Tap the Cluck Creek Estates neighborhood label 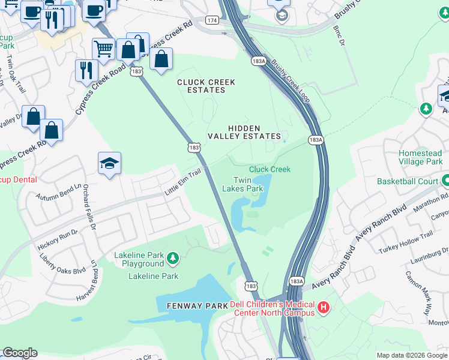click(x=206, y=86)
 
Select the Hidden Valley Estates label click(x=244, y=132)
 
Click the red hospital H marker click(x=324, y=308)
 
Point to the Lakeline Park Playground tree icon click(x=173, y=259)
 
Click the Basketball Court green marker click(x=445, y=180)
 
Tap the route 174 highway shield click(x=212, y=20)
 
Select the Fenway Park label click(x=197, y=306)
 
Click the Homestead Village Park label click(x=420, y=158)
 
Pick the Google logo click(x=20, y=353)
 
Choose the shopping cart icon click(x=103, y=47)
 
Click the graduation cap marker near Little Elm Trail click(x=109, y=163)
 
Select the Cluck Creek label click(x=270, y=169)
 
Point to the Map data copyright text click(x=411, y=355)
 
